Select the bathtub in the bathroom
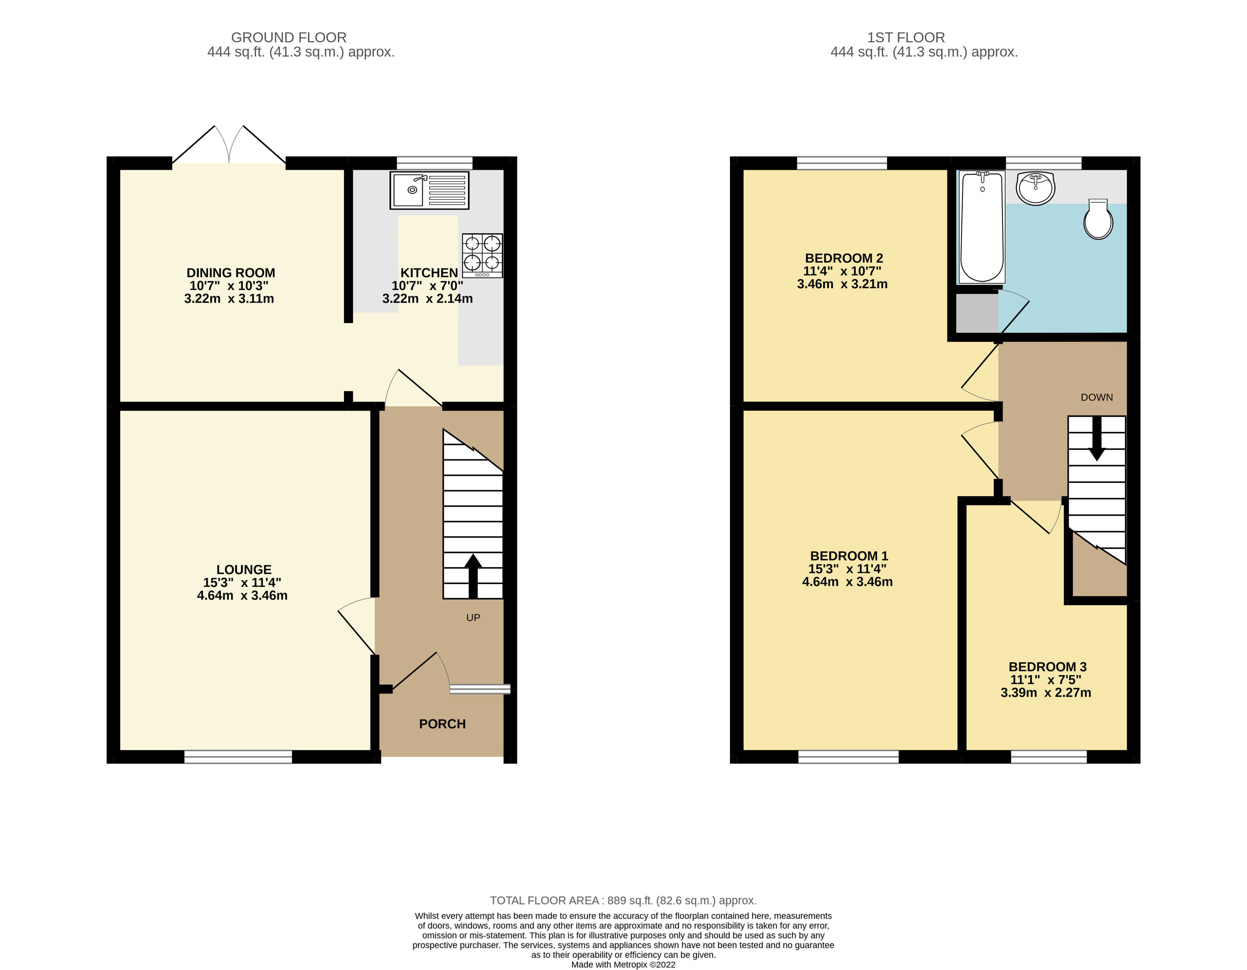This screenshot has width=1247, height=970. point(981,227)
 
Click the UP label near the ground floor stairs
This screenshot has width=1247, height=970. point(473,617)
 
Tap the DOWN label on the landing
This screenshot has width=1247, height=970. point(1096,397)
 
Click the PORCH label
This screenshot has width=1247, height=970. point(442,724)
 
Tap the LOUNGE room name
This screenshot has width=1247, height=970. point(244,569)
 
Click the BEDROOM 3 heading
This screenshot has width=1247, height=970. point(1047,667)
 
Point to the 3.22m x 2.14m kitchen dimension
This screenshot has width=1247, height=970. point(427,298)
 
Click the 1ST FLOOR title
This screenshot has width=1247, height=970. point(906,38)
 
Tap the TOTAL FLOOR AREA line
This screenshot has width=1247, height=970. point(623,900)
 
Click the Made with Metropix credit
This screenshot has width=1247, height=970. point(623,964)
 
